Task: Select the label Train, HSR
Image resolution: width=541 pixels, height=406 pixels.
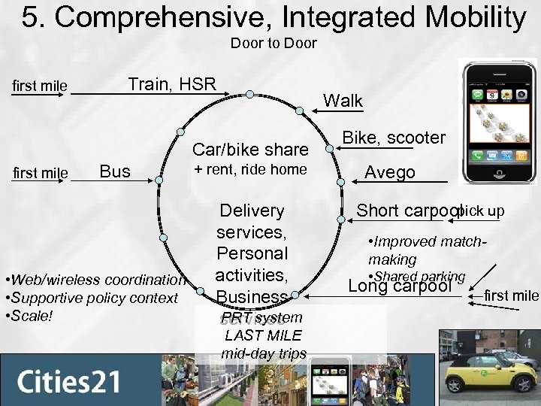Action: point(172,84)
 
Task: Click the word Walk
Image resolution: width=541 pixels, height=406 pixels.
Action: point(343,101)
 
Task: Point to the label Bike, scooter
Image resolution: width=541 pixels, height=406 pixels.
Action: point(394,138)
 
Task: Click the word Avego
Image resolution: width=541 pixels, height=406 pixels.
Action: point(390,172)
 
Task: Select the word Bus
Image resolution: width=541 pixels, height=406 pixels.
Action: point(116,172)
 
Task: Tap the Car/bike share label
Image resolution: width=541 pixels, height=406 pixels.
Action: point(251,149)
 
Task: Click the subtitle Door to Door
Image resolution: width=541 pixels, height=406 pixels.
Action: point(274,44)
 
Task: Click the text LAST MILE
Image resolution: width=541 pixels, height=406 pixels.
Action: point(263,335)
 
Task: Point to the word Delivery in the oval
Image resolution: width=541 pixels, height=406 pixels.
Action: point(252,211)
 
